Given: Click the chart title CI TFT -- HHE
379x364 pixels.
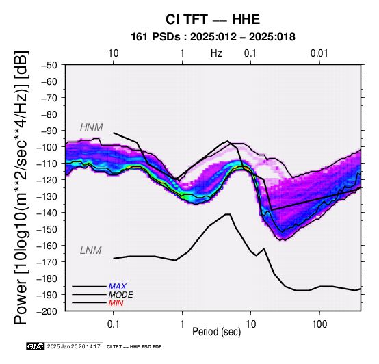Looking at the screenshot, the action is [x=213, y=19].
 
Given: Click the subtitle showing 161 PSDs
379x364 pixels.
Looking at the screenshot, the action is [x=213, y=37].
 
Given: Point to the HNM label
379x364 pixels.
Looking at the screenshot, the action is [x=92, y=127].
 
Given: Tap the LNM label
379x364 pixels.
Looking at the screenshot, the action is [x=90, y=250].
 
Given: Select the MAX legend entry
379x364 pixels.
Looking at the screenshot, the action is [x=117, y=287].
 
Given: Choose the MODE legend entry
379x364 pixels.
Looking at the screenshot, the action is [x=120, y=295].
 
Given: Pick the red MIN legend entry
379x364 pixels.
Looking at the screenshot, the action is [x=116, y=303].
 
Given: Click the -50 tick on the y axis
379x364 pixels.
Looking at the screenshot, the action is [x=49, y=65].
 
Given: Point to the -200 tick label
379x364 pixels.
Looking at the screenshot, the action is [x=47, y=311].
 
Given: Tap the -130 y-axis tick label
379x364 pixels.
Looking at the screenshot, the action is [x=47, y=196].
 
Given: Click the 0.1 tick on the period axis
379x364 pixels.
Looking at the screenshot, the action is [x=113, y=324].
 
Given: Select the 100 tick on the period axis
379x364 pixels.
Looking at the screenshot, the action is [x=319, y=324].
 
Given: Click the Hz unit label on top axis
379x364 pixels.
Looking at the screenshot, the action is [x=216, y=53].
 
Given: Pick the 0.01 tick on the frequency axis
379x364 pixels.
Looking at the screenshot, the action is [x=319, y=53].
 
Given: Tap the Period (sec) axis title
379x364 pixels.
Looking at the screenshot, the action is [x=217, y=332].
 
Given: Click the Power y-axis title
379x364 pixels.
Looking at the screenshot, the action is [x=21, y=187].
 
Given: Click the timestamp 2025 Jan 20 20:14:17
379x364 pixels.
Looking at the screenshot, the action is [x=73, y=346].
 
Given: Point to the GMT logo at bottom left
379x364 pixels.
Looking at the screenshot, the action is [x=36, y=346].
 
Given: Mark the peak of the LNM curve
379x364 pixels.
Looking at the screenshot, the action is [x=228, y=214].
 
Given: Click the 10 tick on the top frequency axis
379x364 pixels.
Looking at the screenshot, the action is [x=113, y=53].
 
